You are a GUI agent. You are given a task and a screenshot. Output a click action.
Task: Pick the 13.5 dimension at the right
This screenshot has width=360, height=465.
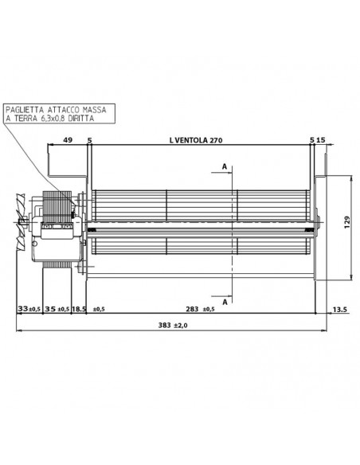tap(338, 309)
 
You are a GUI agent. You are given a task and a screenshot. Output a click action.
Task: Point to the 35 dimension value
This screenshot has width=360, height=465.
tap(50, 309)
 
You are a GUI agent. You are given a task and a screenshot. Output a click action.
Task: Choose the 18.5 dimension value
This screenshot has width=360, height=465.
tap(79, 309)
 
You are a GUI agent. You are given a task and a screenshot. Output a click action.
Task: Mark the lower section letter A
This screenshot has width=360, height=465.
tap(225, 303)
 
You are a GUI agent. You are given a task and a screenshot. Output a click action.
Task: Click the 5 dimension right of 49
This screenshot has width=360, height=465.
tap(89, 140)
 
